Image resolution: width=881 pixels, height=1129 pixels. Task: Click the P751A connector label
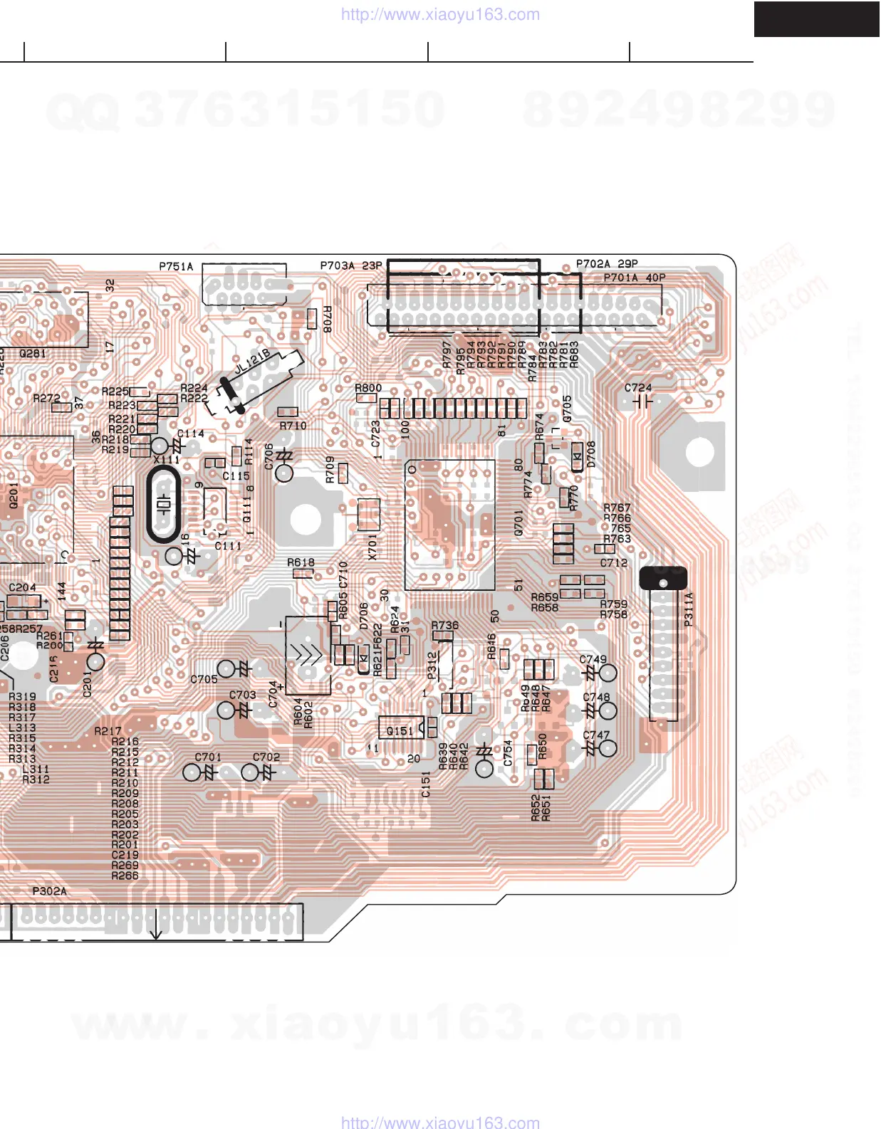pyautogui.click(x=176, y=267)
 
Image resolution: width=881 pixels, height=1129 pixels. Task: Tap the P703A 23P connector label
pyautogui.click(x=350, y=266)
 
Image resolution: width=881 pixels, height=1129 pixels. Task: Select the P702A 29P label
pyautogui.click(x=607, y=264)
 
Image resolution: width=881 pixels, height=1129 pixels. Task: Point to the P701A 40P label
pyautogui.click(x=634, y=278)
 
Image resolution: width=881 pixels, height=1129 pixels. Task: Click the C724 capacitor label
pyautogui.click(x=638, y=388)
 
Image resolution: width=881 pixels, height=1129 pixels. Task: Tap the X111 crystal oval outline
pyautogui.click(x=164, y=505)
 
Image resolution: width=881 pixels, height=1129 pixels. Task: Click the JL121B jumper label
pyautogui.click(x=252, y=361)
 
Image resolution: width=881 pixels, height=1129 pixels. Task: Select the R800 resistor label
pyautogui.click(x=368, y=388)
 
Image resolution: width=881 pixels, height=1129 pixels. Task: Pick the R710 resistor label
pyautogui.click(x=293, y=426)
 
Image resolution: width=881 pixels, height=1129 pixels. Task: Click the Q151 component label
pyautogui.click(x=400, y=731)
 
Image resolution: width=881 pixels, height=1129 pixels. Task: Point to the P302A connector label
pyautogui.click(x=50, y=891)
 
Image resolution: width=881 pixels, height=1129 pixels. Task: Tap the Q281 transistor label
pyautogui.click(x=33, y=354)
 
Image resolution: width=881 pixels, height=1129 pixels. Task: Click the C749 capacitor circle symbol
pyautogui.click(x=608, y=673)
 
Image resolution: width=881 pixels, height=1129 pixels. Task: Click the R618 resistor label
pyautogui.click(x=301, y=562)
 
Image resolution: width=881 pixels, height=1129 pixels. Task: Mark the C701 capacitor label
pyautogui.click(x=208, y=757)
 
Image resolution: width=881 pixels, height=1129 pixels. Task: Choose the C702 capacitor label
pyautogui.click(x=266, y=757)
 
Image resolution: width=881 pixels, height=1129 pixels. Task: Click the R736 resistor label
pyautogui.click(x=445, y=626)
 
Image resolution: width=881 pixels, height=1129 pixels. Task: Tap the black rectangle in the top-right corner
pyautogui.click(x=816, y=19)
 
